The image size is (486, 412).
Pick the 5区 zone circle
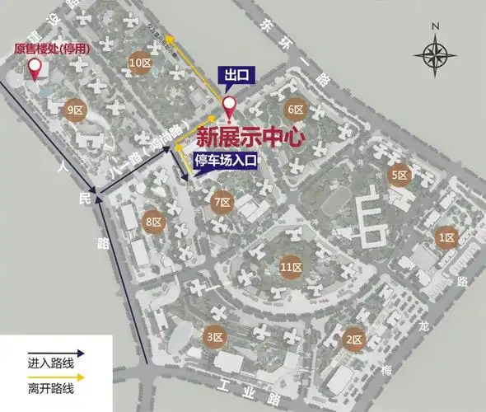coord(400,175)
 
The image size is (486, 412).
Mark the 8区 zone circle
coord(154,221)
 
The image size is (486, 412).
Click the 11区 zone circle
coord(289,267)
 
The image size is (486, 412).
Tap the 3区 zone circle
coord(214,337)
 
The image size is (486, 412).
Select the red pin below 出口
coord(230,106)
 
